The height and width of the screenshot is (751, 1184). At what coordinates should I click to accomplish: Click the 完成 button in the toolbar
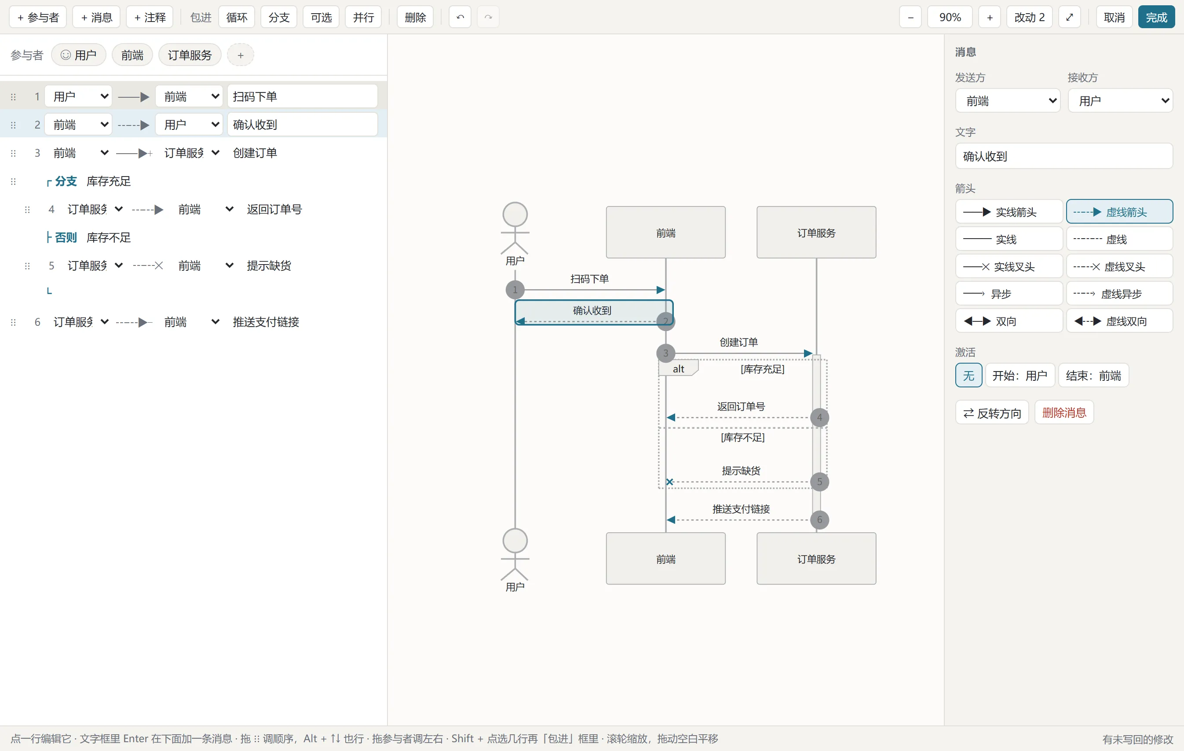point(1156,17)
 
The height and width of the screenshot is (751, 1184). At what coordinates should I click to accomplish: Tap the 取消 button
point(1114,17)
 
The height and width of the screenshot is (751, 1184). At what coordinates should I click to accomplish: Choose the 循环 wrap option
point(237,17)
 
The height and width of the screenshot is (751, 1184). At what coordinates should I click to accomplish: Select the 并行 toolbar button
point(363,17)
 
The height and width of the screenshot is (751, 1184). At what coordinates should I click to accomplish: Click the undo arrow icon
point(460,17)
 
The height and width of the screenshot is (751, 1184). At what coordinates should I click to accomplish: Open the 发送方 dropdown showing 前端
point(1008,101)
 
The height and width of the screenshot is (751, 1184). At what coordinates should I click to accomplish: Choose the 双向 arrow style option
point(1009,321)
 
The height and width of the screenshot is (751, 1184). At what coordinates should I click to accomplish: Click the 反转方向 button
point(992,413)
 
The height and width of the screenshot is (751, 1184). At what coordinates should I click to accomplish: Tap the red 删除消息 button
point(1064,413)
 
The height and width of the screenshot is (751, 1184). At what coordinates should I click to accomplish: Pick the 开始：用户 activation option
point(1020,376)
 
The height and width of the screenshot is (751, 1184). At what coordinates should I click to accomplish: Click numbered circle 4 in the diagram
point(819,417)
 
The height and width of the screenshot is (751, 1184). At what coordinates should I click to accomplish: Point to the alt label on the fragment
point(679,368)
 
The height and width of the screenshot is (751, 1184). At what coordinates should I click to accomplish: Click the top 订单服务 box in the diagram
point(816,232)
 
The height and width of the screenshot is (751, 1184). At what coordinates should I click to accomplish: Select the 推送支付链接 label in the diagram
point(741,509)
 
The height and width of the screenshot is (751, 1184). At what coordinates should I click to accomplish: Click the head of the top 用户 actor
point(515,214)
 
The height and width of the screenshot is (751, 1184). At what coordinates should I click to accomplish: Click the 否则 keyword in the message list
point(66,238)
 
